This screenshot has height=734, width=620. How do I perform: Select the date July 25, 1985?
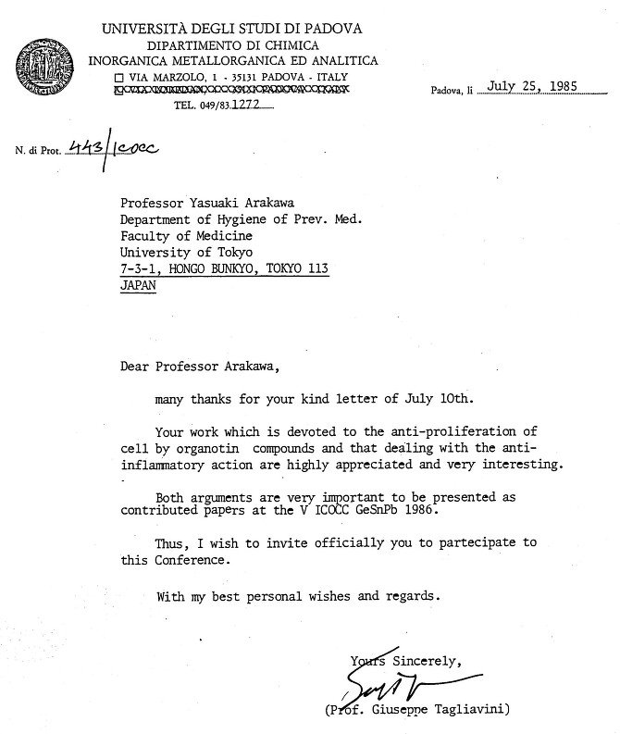(530, 87)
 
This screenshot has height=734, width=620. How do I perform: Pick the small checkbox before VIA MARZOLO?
(118, 75)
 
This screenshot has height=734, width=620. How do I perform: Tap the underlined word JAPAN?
(139, 285)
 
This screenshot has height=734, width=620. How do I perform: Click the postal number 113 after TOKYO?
(316, 269)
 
